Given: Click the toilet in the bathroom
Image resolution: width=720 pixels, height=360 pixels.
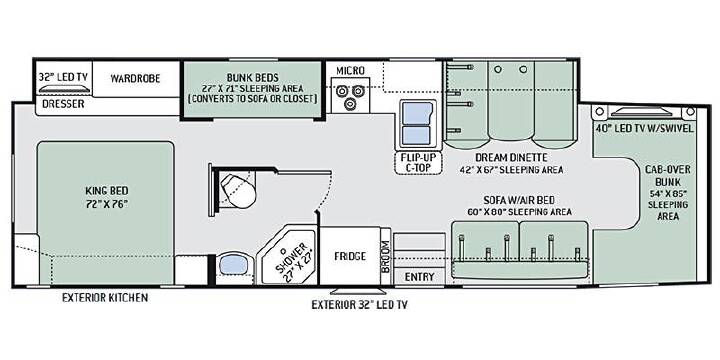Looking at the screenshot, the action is [238, 191].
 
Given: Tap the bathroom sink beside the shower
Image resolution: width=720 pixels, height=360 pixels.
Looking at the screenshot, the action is [234, 265].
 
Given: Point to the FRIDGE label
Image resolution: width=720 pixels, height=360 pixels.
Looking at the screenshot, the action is [350, 256].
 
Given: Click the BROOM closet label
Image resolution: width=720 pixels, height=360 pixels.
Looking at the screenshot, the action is [385, 256].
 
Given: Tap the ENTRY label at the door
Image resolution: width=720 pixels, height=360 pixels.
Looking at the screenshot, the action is [419, 277].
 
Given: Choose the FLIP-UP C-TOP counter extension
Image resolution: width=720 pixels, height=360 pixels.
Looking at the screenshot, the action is [418, 163].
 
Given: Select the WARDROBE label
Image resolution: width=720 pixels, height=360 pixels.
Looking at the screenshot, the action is [135, 79].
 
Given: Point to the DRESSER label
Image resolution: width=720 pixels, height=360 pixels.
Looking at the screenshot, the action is [63, 104].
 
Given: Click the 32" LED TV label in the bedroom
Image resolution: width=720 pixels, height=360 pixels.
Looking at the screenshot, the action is [64, 77].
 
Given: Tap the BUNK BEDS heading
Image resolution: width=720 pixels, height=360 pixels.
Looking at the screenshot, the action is [252, 77].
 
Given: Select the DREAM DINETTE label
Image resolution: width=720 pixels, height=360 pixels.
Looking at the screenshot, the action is [511, 158].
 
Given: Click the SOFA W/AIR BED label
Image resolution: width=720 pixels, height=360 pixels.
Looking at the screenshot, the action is [519, 200].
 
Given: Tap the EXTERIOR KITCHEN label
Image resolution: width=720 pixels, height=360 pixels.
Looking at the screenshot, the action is [105, 298].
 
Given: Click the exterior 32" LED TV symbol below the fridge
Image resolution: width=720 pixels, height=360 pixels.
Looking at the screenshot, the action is [359, 291].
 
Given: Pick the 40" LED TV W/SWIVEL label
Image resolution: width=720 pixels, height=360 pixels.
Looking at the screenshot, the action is [644, 128].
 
